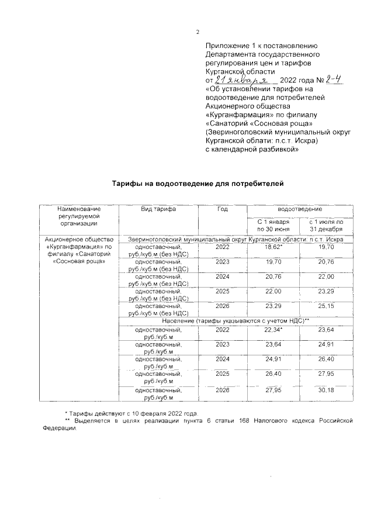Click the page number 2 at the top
point(198,32)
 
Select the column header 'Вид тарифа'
point(158,209)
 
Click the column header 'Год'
point(223,209)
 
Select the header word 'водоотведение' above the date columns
point(299,209)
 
